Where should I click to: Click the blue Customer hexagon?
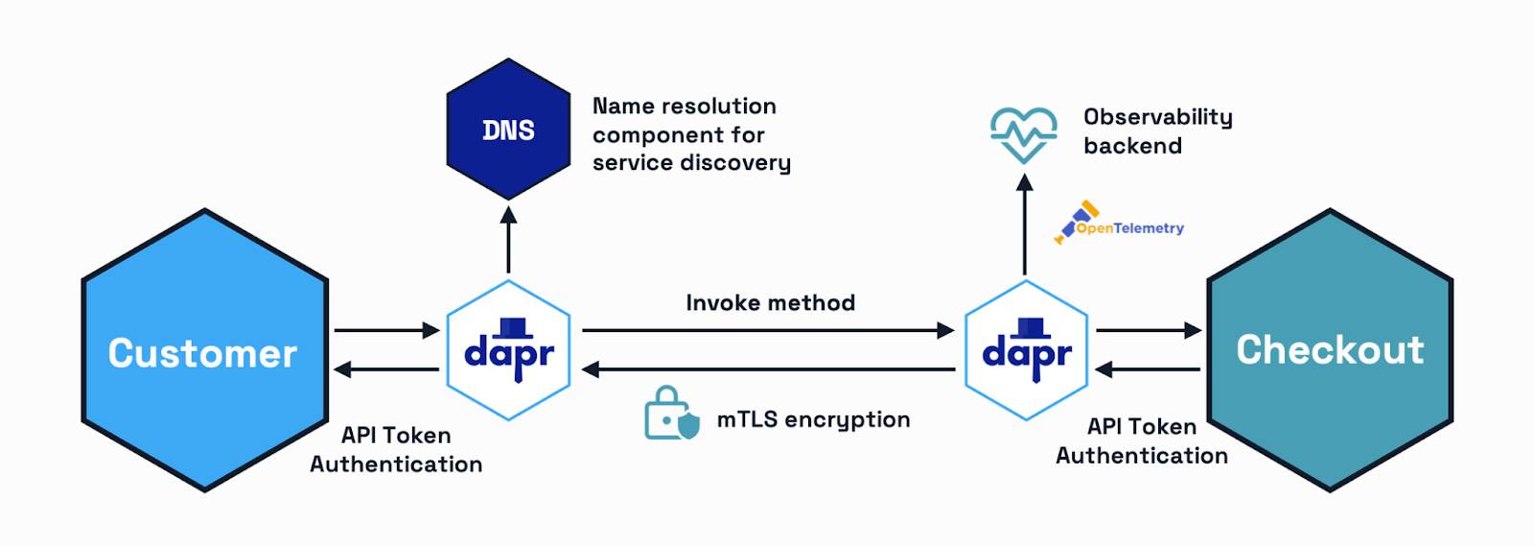click(x=204, y=351)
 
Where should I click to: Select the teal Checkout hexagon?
click(x=1330, y=350)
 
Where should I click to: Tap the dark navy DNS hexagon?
click(x=508, y=130)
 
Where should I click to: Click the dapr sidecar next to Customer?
click(x=509, y=351)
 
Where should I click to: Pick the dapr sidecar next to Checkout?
click(x=1026, y=351)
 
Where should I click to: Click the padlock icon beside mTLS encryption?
click(x=671, y=414)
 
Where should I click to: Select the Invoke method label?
click(x=770, y=303)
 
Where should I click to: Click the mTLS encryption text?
click(x=813, y=420)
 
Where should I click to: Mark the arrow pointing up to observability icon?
click(x=1024, y=225)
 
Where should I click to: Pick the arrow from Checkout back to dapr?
click(x=1148, y=369)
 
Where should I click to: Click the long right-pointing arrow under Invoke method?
click(x=768, y=330)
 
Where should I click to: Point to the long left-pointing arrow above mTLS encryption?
click(x=768, y=369)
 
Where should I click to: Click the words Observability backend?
click(x=1157, y=131)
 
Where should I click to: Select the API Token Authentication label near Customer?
click(x=396, y=450)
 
